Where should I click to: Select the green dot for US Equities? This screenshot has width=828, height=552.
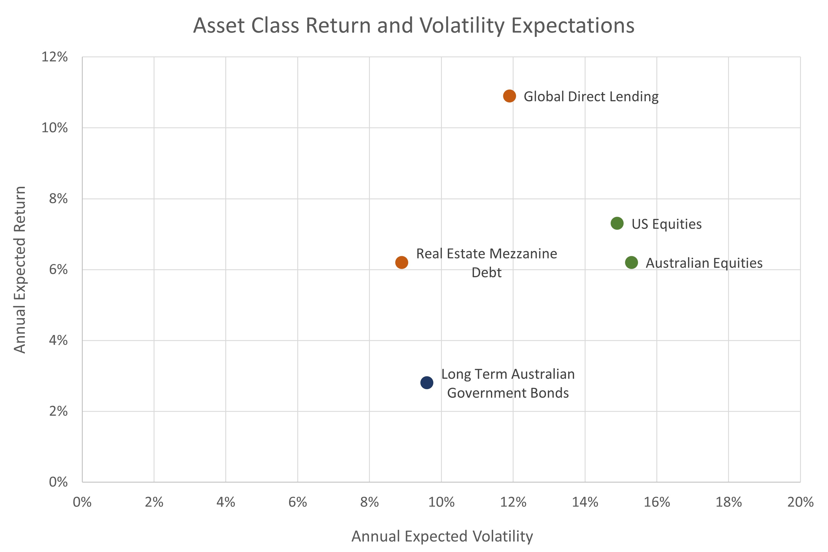click(x=617, y=223)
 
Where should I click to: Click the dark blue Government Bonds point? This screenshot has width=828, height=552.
click(x=427, y=382)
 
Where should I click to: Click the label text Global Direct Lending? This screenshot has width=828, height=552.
click(x=591, y=97)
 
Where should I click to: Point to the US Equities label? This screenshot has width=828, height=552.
click(x=666, y=224)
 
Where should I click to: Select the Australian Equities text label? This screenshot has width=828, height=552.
click(x=704, y=263)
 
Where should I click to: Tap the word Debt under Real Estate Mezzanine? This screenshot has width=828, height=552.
click(x=486, y=273)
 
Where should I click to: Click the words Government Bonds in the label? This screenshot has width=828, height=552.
click(x=508, y=393)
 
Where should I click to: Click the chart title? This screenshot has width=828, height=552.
click(x=414, y=25)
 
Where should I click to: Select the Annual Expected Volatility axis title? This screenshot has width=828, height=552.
click(x=442, y=536)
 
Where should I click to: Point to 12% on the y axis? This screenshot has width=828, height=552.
click(x=54, y=57)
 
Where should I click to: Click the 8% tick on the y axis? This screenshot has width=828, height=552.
click(x=58, y=199)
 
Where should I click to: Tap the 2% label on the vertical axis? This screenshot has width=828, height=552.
click(x=58, y=411)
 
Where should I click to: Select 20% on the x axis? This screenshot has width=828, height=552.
click(x=800, y=502)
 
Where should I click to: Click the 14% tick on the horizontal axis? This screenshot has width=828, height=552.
click(x=585, y=502)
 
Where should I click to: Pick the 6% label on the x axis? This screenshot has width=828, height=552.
click(x=297, y=502)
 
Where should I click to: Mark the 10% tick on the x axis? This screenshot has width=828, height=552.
click(x=441, y=502)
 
